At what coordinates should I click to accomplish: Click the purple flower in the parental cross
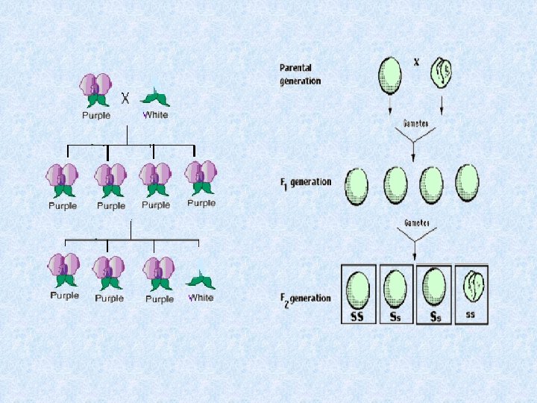96,90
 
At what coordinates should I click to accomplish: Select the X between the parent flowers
126,97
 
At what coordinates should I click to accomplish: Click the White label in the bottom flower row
201,297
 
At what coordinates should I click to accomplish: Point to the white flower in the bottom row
200,280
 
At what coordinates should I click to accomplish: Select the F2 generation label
304,299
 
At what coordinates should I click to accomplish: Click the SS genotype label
358,316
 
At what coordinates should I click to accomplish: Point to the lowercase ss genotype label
470,314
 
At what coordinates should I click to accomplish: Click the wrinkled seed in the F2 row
471,287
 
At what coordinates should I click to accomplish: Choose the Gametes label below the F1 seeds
414,222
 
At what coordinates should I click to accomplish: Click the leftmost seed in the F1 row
357,186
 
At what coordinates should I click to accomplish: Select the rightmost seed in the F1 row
468,181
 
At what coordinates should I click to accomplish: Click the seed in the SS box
358,289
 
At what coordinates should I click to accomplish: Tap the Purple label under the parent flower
96,116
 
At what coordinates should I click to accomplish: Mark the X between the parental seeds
416,62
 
